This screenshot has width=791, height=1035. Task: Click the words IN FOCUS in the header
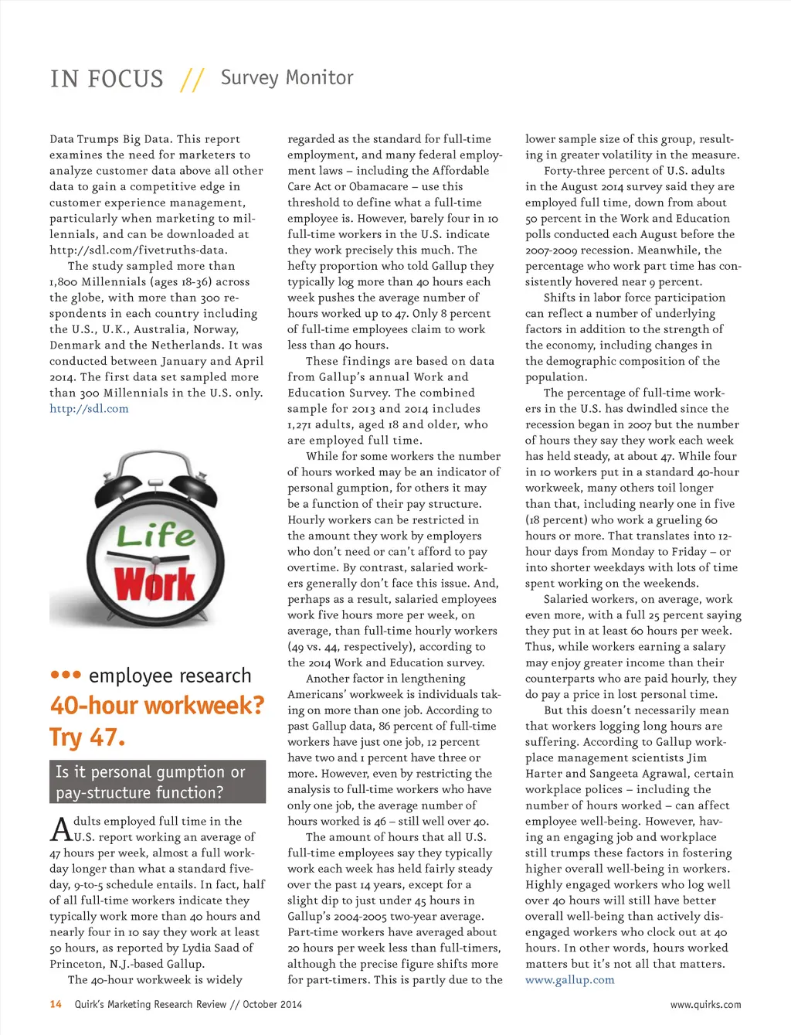(107, 79)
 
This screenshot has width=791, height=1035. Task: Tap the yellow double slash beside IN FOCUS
(192, 79)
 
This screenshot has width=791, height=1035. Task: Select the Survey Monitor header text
(287, 77)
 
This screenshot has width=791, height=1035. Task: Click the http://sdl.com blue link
(89, 409)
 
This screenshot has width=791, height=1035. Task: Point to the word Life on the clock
(156, 535)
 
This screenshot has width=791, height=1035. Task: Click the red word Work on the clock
(155, 584)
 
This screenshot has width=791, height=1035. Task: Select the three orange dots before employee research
(66, 675)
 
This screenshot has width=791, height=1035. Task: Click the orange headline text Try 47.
(87, 737)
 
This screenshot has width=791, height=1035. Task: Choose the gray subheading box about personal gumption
(158, 781)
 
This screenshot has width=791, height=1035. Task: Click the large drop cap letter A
(61, 829)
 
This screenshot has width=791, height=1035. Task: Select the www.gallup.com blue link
(569, 980)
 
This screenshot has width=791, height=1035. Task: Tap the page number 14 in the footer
(56, 1004)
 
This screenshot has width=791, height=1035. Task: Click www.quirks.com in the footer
(705, 1005)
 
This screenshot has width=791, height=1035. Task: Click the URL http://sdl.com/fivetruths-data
(138, 250)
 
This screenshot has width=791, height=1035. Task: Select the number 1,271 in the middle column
(302, 425)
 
